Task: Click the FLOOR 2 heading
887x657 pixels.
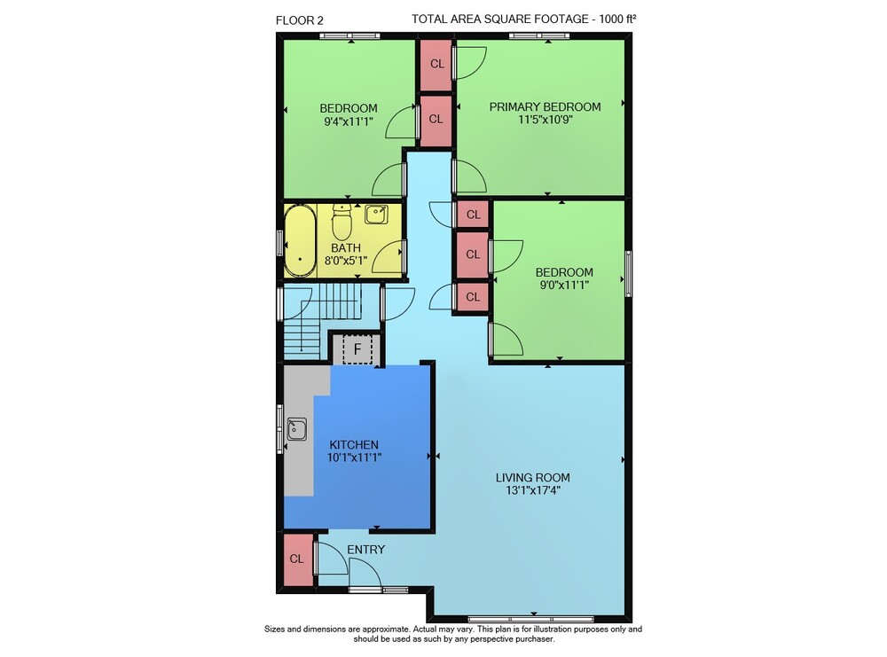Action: [299, 21]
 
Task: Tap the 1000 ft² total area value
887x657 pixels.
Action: [617, 20]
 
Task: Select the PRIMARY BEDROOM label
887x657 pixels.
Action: [545, 107]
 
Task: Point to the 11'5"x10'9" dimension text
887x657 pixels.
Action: [545, 120]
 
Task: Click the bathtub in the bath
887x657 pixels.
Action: [300, 241]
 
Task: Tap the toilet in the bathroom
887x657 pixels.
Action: [341, 222]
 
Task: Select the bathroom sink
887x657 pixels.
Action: [376, 215]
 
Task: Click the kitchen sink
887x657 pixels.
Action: [297, 429]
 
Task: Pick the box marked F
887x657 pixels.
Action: [357, 349]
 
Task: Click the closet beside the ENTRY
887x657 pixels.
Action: [297, 559]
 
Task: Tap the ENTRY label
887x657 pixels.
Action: [366, 550]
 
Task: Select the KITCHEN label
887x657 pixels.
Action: [354, 445]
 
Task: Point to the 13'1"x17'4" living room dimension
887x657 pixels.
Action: [533, 490]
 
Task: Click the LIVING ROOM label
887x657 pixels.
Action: [533, 478]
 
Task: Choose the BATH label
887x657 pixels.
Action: [346, 248]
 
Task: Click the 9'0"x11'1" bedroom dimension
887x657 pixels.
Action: [564, 285]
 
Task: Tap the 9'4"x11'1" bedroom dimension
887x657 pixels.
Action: [349, 121]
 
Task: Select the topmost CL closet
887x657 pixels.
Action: [436, 64]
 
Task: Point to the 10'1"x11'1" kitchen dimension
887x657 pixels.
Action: [354, 458]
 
